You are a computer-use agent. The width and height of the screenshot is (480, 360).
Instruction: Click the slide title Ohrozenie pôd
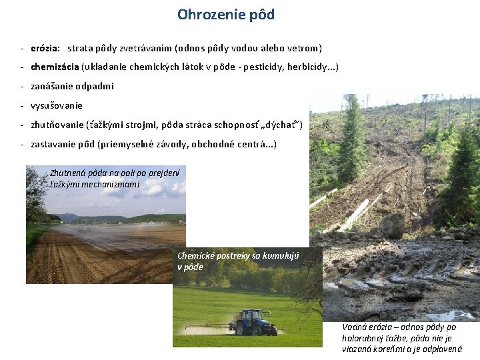tap(225, 14)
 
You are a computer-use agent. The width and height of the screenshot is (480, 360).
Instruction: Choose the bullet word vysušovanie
tap(57, 105)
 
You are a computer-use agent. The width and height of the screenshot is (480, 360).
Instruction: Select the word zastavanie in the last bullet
tap(55, 143)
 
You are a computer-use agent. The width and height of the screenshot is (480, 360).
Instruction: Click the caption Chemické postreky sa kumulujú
tap(238, 261)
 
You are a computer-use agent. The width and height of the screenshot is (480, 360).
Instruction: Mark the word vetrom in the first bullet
tap(304, 49)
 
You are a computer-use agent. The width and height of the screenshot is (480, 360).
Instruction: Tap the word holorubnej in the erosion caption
tap(365, 338)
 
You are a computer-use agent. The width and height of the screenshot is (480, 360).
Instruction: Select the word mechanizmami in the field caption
tap(110, 183)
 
